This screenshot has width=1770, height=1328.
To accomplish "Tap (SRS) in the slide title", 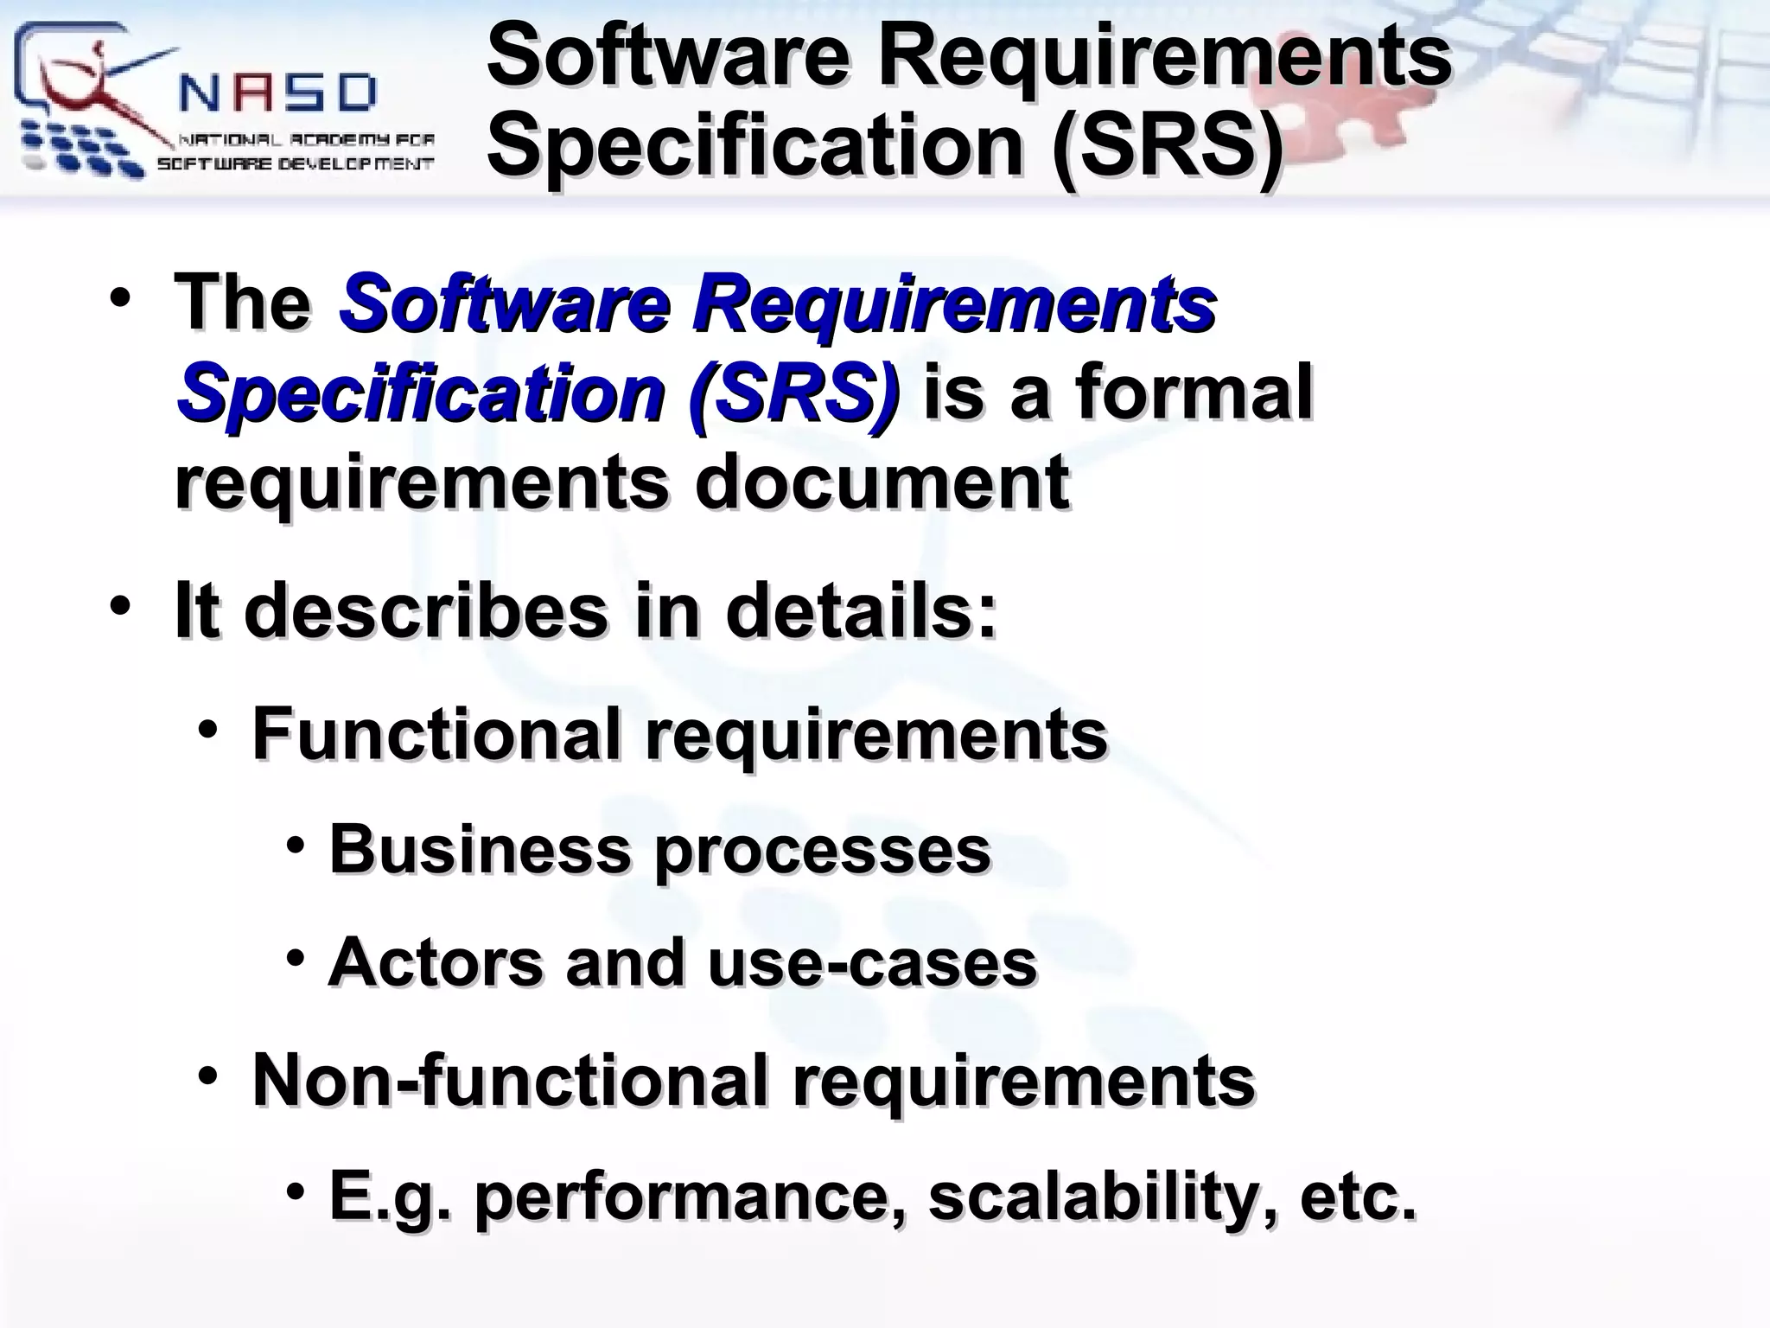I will pos(1167,144).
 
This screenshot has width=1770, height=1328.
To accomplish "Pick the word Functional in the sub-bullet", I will pos(436,733).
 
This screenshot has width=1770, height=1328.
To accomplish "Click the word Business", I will pos(481,849).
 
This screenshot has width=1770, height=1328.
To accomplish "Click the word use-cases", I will pos(872,963).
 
